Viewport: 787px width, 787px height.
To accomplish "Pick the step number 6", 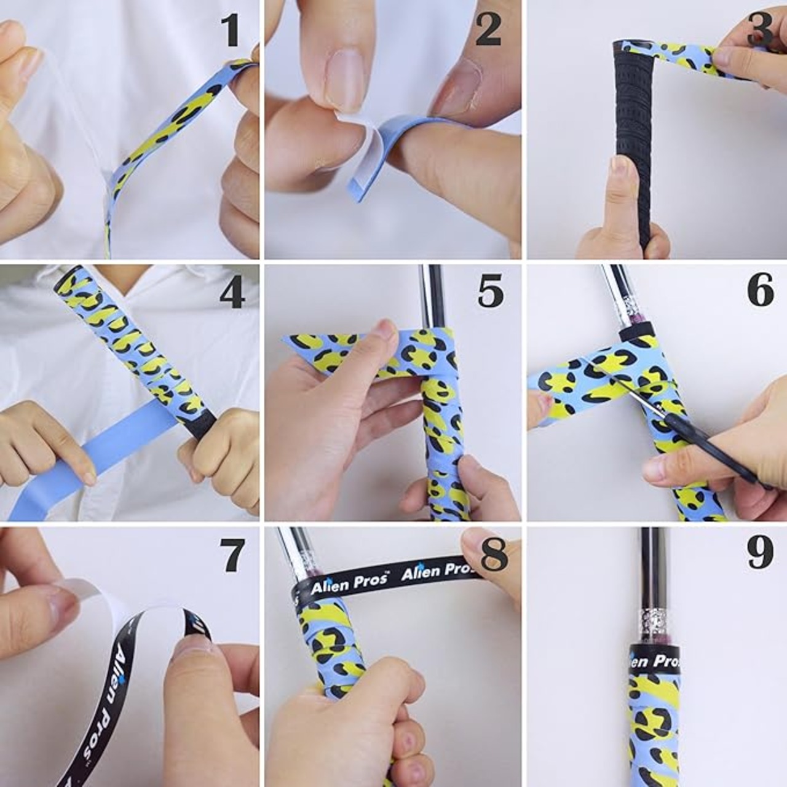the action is pyautogui.click(x=761, y=291).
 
